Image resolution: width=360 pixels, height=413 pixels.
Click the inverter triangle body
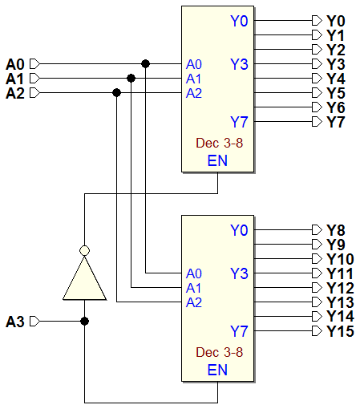(x=84, y=281)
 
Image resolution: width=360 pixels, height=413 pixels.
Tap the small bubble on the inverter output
(x=84, y=250)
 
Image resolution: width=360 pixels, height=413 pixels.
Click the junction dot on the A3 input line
(x=84, y=321)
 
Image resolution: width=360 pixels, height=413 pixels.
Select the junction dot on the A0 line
(x=145, y=63)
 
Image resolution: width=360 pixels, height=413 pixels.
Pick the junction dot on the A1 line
(x=131, y=78)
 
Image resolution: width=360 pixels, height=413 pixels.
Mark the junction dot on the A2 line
(x=116, y=93)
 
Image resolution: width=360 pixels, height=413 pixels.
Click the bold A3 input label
(x=15, y=322)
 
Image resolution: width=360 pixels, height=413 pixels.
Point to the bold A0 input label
(x=15, y=64)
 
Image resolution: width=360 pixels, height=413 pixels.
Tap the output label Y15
(x=340, y=331)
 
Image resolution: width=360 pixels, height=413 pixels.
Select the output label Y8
(x=336, y=230)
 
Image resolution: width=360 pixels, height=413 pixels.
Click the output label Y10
(x=340, y=259)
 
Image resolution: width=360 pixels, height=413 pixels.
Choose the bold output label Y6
(x=336, y=107)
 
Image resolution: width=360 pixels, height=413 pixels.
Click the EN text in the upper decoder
(x=217, y=160)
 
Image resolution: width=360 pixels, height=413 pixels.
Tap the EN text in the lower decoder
(x=217, y=370)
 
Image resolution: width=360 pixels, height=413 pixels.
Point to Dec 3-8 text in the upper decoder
(x=220, y=143)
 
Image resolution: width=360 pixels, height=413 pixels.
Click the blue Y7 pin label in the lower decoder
(x=239, y=331)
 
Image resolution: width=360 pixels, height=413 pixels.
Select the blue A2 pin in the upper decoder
(x=194, y=93)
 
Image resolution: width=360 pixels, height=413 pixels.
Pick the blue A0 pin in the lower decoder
(x=194, y=273)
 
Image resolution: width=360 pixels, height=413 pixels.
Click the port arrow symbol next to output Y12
(x=317, y=288)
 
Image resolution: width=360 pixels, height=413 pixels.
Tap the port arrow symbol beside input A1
(x=34, y=79)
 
